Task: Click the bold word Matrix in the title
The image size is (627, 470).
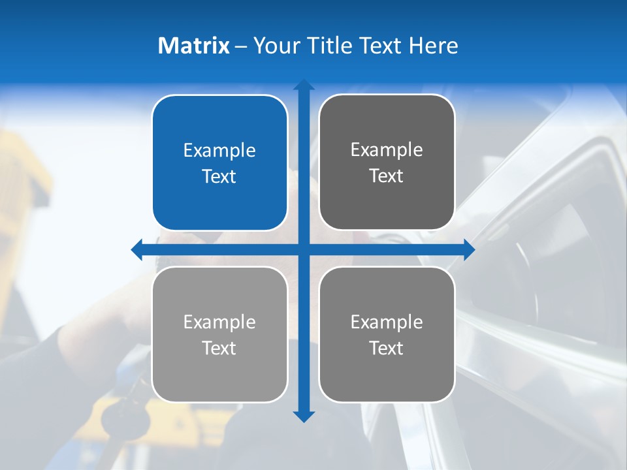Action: coord(194,46)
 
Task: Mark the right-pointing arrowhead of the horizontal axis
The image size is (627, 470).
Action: coord(469,249)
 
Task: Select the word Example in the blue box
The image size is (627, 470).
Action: coord(219,151)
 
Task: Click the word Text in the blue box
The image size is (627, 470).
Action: coord(219,176)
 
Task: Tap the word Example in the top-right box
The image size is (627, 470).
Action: coord(387,150)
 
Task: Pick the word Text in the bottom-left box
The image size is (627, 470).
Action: coord(219,348)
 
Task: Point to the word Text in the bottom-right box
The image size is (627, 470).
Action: coord(386,348)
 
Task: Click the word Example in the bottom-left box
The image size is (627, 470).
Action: coord(219,322)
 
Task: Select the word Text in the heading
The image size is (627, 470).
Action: coord(381,46)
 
